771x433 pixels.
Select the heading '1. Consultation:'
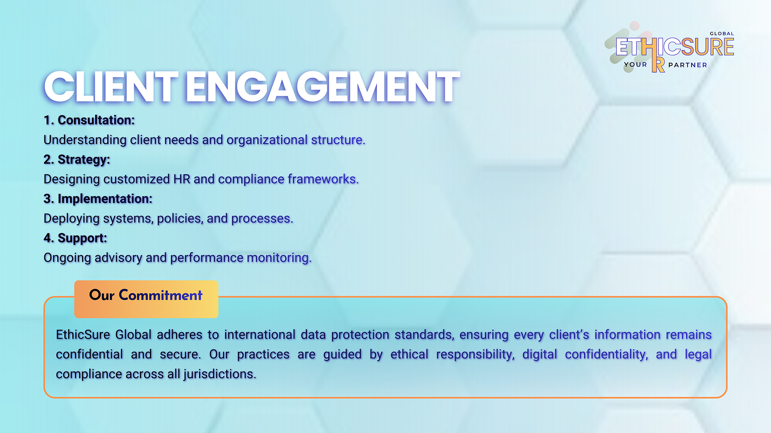tap(89, 120)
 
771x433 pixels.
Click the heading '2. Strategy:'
tap(77, 160)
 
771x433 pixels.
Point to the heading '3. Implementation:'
tap(98, 199)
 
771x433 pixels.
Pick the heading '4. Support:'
tap(75, 238)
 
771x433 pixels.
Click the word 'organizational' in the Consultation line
tap(267, 140)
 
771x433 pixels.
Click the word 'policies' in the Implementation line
tap(180, 219)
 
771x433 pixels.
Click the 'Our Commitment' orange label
tap(146, 299)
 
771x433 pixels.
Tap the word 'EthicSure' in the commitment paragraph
tap(83, 334)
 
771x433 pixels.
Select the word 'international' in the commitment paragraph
tap(259, 334)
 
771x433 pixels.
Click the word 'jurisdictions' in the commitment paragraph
tap(220, 374)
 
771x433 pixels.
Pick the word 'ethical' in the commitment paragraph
tap(409, 354)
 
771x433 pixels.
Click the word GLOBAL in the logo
tap(722, 34)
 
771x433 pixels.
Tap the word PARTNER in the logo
tap(688, 65)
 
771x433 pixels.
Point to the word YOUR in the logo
tap(636, 65)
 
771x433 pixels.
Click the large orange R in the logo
tap(658, 65)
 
